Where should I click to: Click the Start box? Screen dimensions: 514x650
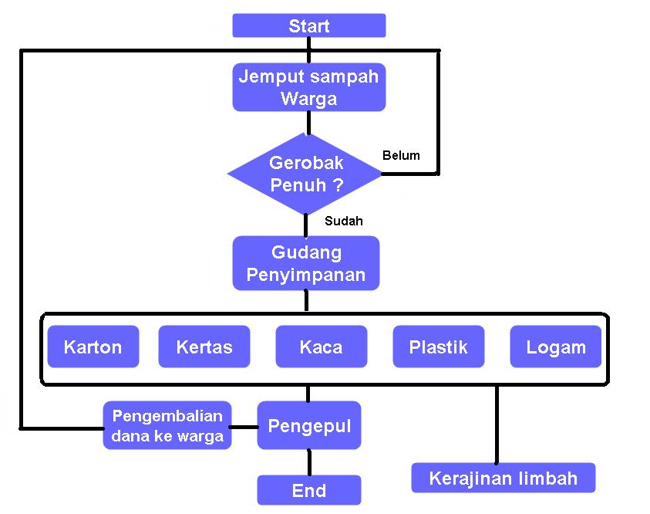(x=308, y=25)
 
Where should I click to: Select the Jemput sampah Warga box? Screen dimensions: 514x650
(x=308, y=87)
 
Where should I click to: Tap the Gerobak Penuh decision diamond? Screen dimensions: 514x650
(x=305, y=174)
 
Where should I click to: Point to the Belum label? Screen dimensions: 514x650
(x=401, y=155)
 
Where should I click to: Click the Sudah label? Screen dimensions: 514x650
(x=343, y=221)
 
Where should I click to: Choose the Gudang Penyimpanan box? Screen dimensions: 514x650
(x=306, y=263)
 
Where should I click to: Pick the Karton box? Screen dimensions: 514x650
(x=93, y=347)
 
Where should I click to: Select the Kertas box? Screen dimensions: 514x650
(x=204, y=347)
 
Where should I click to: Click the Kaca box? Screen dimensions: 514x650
(x=321, y=347)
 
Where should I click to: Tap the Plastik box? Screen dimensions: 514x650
(x=438, y=347)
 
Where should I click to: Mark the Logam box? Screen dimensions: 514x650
(x=555, y=347)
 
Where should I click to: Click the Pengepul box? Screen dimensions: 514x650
(x=308, y=425)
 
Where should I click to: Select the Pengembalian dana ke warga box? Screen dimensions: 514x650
(x=167, y=425)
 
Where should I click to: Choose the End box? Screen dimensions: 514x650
(x=308, y=490)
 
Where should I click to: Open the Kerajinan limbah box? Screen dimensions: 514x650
(x=503, y=478)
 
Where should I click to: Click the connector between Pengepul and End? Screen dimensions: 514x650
(x=309, y=462)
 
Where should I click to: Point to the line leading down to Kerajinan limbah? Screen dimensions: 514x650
(x=496, y=424)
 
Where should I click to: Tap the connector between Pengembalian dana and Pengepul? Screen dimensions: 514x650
(x=244, y=427)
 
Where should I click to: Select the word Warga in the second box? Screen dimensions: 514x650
(x=308, y=99)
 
